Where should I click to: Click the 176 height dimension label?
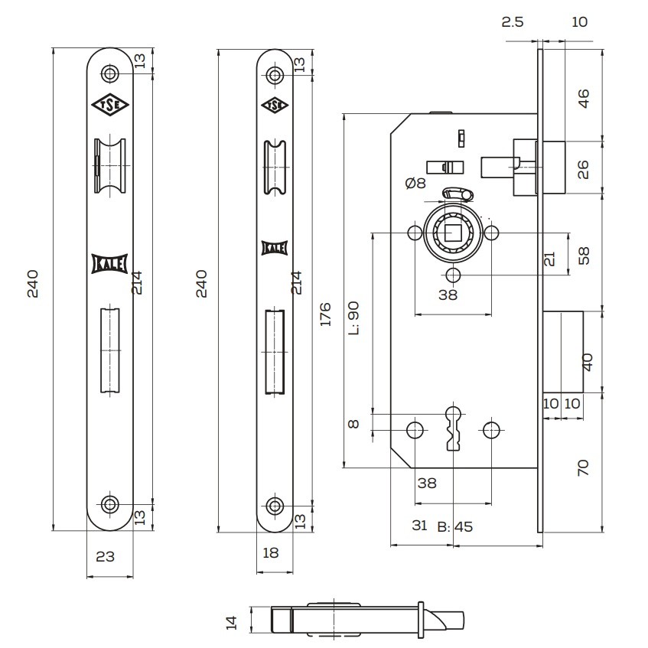click(x=325, y=314)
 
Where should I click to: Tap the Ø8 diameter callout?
click(x=415, y=183)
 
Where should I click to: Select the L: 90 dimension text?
click(x=353, y=318)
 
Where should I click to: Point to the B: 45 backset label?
click(x=454, y=526)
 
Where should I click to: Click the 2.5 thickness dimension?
click(x=513, y=21)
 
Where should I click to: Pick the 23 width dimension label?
click(x=105, y=557)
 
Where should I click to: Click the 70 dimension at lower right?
click(x=584, y=467)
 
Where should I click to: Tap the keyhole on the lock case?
click(x=453, y=428)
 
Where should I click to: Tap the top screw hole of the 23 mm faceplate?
click(x=111, y=74)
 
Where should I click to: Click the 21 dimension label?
click(x=549, y=259)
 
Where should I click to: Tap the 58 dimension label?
click(x=584, y=256)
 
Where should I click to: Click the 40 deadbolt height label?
click(x=588, y=361)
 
